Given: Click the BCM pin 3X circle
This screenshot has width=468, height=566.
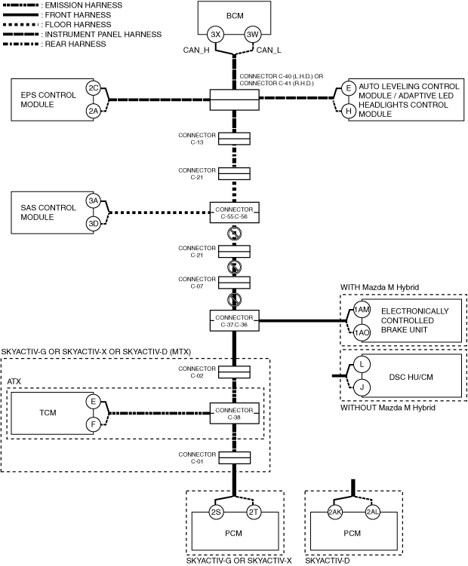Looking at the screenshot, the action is tap(216, 35).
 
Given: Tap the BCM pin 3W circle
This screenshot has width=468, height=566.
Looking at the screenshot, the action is tap(252, 35).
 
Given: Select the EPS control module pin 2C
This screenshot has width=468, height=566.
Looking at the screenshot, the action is tap(94, 88).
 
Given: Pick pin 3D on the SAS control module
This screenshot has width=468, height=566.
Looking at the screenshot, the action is tap(94, 223).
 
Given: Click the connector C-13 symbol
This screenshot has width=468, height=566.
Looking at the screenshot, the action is tap(234, 139).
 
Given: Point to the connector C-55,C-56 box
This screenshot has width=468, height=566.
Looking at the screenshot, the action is tap(234, 213).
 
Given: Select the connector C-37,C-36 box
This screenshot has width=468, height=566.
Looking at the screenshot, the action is tap(234, 320).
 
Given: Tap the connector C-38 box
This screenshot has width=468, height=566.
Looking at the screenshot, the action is tap(234, 413).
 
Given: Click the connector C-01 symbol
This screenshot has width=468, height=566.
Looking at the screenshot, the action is tap(234, 457).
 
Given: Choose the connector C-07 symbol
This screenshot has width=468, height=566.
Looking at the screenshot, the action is tap(234, 283).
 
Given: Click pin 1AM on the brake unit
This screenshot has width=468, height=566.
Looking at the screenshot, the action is tap(362, 309).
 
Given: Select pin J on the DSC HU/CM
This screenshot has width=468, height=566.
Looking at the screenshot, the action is tap(362, 387).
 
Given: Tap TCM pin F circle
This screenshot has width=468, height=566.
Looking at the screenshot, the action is tap(94, 424).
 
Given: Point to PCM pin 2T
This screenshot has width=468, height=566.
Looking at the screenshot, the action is tap(253, 512).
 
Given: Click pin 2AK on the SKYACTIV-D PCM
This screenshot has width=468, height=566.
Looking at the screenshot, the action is tap(335, 512).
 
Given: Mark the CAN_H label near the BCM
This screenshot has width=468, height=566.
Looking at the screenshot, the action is tap(196, 50).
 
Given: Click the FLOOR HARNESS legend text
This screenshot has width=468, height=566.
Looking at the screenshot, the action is tap(78, 25).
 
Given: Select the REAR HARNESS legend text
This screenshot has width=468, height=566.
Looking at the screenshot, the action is tap(75, 44).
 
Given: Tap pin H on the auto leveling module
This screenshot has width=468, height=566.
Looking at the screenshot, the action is tap(349, 111).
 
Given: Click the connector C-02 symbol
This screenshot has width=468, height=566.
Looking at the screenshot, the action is tap(234, 372).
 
